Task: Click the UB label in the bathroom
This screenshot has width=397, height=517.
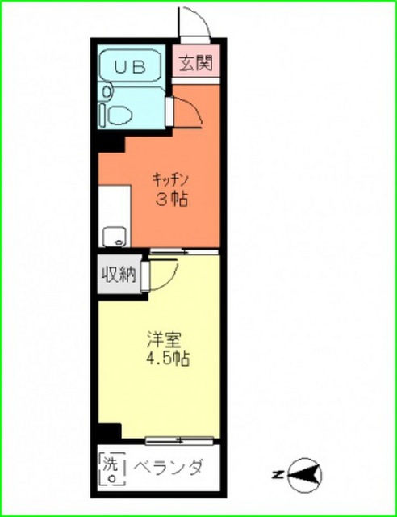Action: click(x=130, y=67)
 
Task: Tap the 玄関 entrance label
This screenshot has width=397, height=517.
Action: click(x=196, y=63)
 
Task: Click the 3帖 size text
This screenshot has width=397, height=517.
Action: click(x=172, y=199)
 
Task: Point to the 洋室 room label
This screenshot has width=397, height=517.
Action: click(x=165, y=340)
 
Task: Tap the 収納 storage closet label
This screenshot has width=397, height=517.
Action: click(x=119, y=275)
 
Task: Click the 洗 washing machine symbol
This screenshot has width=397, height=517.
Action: click(x=112, y=469)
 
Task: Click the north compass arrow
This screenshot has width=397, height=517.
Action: click(x=304, y=475)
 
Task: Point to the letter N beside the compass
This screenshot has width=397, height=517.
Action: click(x=277, y=475)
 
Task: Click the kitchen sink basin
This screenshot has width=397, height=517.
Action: click(x=114, y=237)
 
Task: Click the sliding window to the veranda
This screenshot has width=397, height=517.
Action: click(x=180, y=440)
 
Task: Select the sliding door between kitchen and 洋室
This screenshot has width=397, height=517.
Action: click(x=184, y=252)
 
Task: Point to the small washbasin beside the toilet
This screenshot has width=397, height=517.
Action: click(x=107, y=91)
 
